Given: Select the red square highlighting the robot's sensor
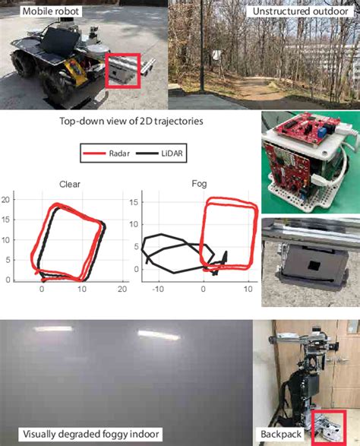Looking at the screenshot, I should pyautogui.click(x=122, y=71).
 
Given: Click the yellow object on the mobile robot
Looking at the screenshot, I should pyautogui.click(x=76, y=74).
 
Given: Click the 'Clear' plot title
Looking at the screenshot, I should pyautogui.click(x=70, y=183).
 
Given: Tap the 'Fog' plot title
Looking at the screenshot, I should pyautogui.click(x=197, y=183).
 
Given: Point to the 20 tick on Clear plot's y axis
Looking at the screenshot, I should pyautogui.click(x=5, y=199).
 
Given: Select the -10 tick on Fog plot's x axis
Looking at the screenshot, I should pyautogui.click(x=159, y=289).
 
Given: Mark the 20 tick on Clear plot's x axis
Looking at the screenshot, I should pyautogui.click(x=122, y=289).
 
